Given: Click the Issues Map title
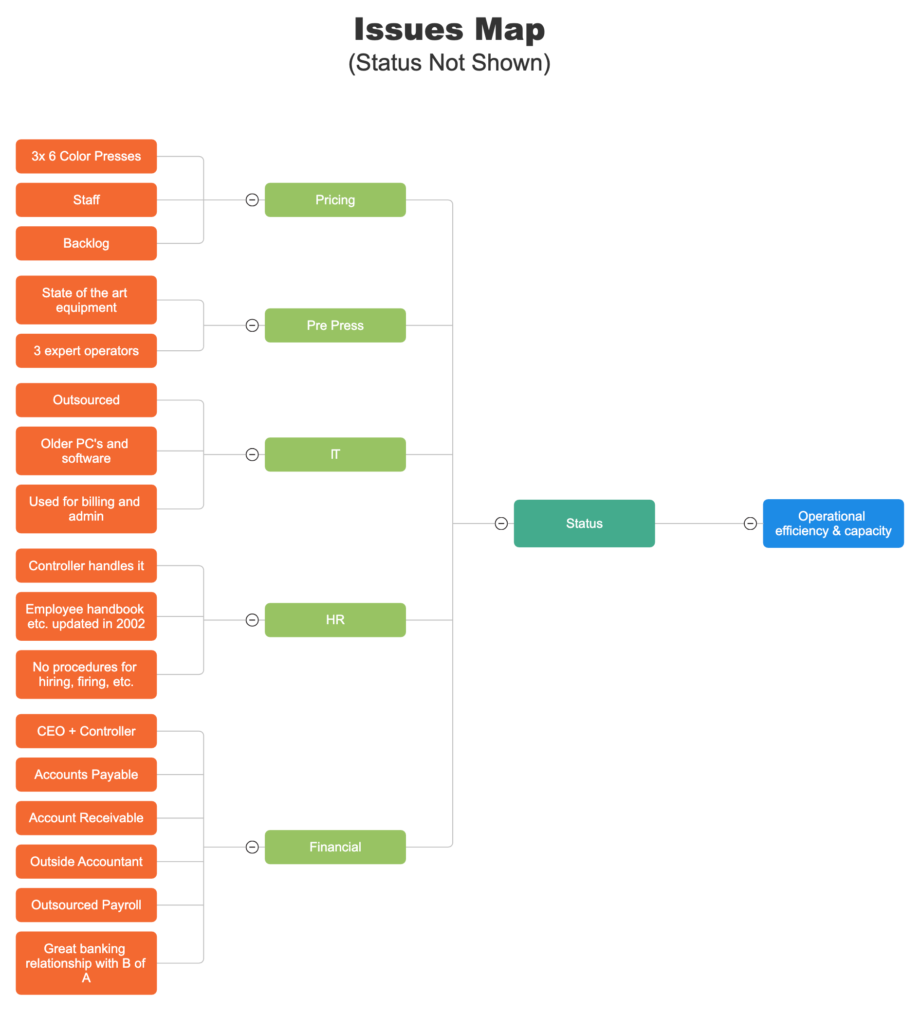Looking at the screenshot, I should tap(449, 29).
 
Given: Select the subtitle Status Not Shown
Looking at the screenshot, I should tap(449, 63).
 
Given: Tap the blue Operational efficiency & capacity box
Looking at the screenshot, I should tap(832, 523).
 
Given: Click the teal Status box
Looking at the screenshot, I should tap(584, 523).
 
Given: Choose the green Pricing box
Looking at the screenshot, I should tap(335, 200).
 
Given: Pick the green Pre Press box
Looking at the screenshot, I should tap(335, 325).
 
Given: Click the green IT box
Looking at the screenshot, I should tap(335, 454).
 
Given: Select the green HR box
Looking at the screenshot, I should tap(335, 619).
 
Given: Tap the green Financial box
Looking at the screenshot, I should tap(335, 847).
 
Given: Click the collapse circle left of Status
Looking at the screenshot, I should tap(501, 523).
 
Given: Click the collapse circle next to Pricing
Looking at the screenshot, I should tap(252, 200).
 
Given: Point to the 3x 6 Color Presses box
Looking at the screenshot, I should tap(86, 156).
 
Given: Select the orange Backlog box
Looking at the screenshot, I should tap(86, 243).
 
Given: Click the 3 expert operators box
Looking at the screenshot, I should tap(86, 350).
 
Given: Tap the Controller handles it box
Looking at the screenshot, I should tap(86, 565).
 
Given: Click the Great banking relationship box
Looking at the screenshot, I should tap(86, 962).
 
